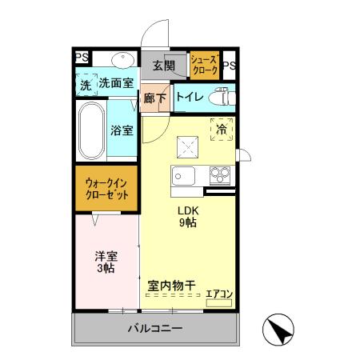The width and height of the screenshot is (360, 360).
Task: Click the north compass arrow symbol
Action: (278, 328)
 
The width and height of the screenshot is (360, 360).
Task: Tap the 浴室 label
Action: (122, 130)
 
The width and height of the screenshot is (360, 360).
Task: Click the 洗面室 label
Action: (116, 82)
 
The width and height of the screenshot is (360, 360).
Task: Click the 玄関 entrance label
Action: (164, 66)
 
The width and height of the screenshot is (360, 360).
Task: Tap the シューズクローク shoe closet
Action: (204, 63)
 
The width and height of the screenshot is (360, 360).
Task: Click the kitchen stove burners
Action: (219, 174)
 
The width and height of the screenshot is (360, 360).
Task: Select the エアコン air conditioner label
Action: (218, 294)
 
